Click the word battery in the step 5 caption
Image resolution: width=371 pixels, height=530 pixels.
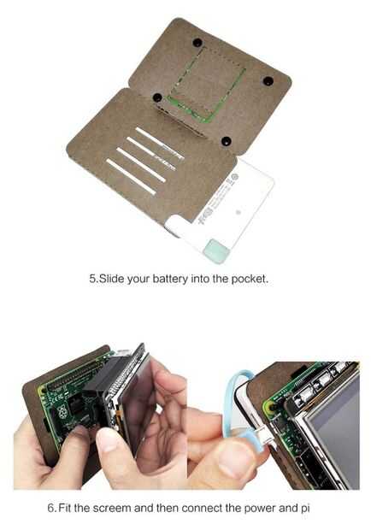170,279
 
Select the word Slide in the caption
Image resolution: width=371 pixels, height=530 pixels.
112,279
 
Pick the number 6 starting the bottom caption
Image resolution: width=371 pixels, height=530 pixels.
51,508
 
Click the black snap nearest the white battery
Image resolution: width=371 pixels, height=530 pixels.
227,140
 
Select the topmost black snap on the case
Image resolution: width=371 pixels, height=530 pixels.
197,43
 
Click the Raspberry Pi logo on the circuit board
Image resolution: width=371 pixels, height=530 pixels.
62,412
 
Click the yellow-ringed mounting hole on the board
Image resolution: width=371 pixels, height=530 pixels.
270,408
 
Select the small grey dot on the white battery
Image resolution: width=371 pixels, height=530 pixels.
238,212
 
